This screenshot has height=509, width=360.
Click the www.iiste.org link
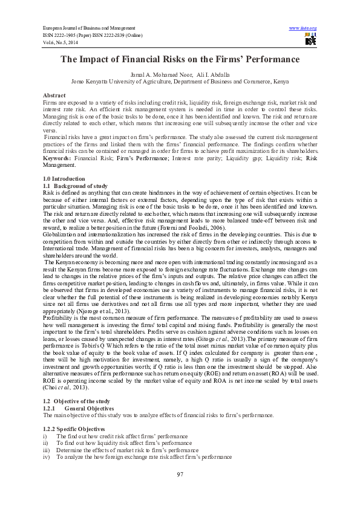[303, 28]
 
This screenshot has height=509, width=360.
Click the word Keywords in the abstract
[57, 158]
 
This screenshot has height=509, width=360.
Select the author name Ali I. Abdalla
[208, 74]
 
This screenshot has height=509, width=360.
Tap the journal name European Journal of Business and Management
[88, 28]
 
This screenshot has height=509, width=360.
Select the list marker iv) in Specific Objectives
[45, 458]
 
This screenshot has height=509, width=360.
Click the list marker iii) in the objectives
[45, 450]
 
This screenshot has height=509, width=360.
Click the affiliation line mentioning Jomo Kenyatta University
[180, 80]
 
